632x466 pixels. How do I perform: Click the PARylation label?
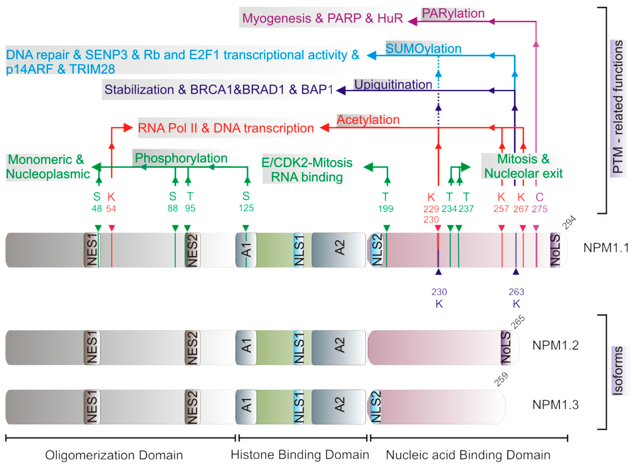(x=453, y=13)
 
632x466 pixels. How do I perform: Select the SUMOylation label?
(x=423, y=49)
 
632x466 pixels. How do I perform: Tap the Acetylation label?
(x=368, y=120)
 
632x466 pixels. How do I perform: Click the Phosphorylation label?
(x=181, y=158)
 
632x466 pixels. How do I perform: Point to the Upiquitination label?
(x=393, y=84)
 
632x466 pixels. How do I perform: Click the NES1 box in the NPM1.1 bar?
(x=92, y=250)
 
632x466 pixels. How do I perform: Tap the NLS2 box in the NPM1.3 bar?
(x=375, y=407)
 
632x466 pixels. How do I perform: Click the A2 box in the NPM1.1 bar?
(x=339, y=250)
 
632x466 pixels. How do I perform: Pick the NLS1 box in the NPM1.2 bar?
(x=299, y=347)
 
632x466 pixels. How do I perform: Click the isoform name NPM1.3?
(x=555, y=405)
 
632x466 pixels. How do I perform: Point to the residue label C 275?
(x=539, y=202)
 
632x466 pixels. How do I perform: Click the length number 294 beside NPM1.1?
(x=569, y=222)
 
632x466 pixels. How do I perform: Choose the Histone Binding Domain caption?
(x=300, y=455)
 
